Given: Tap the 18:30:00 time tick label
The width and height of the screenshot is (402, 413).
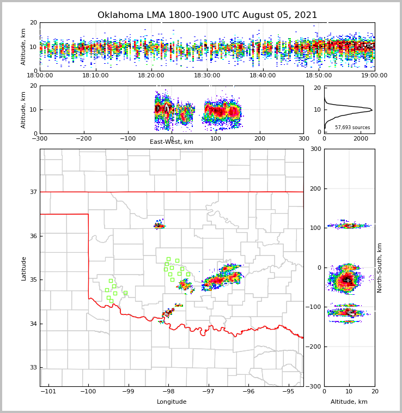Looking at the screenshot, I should coord(207,76).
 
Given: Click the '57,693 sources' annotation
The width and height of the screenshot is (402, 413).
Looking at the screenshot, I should coord(352,127).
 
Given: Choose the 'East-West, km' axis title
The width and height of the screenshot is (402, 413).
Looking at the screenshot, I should coord(172,142).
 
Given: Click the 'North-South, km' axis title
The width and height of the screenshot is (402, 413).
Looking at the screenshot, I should coord(380,268).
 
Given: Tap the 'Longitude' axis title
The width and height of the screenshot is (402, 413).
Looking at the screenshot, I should coord(172,402).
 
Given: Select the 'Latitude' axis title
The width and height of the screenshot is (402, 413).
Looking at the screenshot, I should coord(23,268).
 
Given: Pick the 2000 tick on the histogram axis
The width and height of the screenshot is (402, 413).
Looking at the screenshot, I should coord(361,139).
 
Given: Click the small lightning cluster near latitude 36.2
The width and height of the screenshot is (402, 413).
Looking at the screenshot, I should coord(159,225).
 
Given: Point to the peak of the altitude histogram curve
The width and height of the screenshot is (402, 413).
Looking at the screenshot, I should coord(371,110).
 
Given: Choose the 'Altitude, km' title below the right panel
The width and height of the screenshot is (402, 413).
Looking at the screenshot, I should coord(349,402).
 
